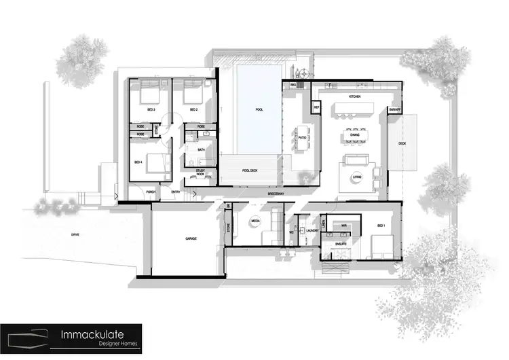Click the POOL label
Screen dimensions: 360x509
(259, 109)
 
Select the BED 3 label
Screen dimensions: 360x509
(150, 110)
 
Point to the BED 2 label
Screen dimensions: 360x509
(193, 110)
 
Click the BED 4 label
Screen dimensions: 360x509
(138, 162)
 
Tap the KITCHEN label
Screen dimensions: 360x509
(355, 97)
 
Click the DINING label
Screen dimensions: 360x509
(355, 134)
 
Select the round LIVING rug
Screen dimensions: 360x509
(357, 178)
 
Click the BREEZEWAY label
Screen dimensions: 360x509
(276, 193)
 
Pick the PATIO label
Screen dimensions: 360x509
(302, 139)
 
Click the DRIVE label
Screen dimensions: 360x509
(75, 234)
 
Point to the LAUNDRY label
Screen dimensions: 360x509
(313, 231)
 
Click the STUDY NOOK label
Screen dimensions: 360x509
(200, 173)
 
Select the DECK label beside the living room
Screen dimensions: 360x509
(402, 143)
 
